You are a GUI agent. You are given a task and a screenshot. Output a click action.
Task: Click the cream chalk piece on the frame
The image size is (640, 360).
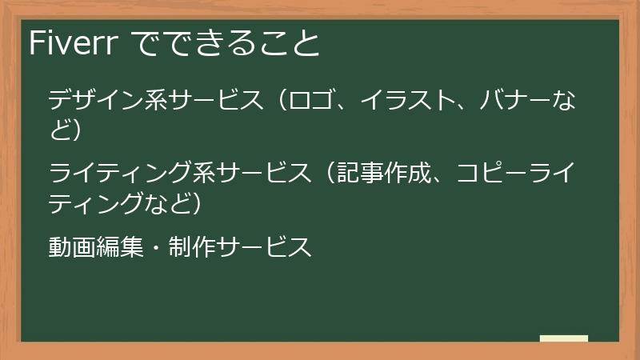[564, 339]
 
